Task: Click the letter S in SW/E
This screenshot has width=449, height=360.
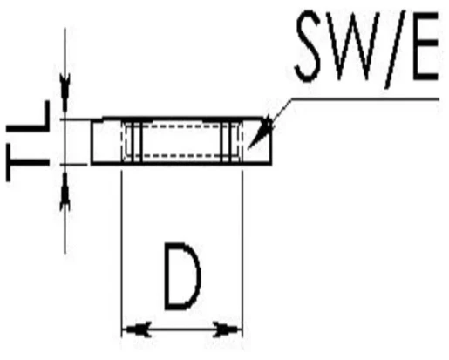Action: (308, 46)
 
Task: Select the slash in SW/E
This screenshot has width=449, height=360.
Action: (396, 50)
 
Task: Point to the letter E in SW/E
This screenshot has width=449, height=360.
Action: (425, 46)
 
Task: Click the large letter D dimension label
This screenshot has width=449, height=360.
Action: (182, 276)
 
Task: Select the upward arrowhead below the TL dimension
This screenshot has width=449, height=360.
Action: (65, 189)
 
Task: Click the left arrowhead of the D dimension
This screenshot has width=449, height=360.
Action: (136, 329)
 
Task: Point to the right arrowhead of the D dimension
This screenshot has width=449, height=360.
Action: (228, 329)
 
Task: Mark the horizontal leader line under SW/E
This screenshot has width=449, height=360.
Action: (364, 99)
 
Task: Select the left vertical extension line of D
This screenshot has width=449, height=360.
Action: (121, 255)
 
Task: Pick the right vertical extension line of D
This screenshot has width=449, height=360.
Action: (242, 255)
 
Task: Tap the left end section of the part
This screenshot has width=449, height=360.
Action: (106, 142)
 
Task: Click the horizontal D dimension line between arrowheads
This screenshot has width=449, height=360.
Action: (181, 329)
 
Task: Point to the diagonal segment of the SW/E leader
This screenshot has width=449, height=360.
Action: (281, 111)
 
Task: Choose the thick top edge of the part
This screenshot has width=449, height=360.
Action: (183, 119)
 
